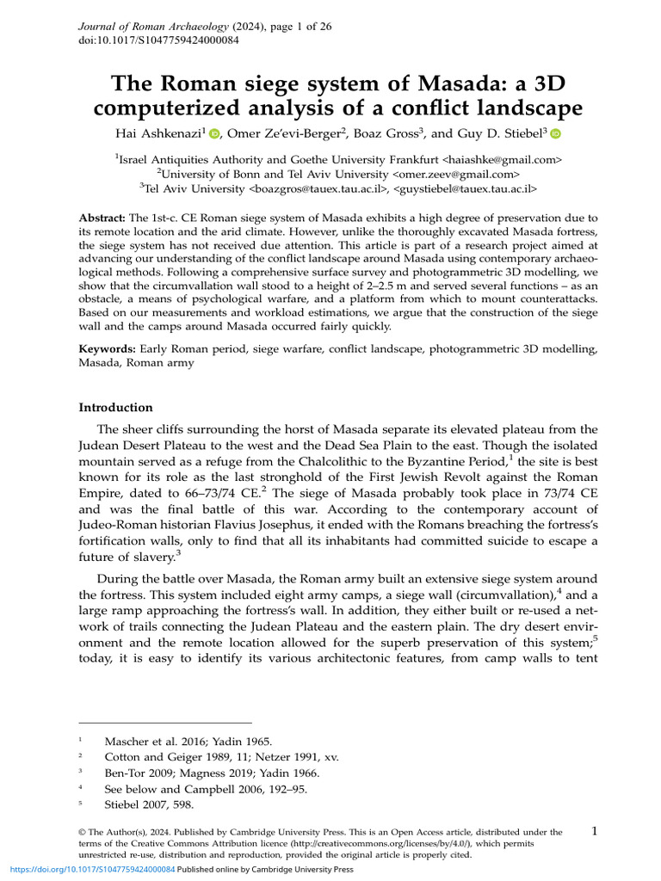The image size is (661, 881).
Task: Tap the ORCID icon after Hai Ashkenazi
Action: (x=215, y=133)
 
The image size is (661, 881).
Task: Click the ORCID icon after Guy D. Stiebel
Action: (x=555, y=133)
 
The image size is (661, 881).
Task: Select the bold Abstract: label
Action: (x=102, y=219)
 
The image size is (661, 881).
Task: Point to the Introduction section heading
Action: (x=115, y=408)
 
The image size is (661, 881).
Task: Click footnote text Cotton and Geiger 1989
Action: (x=171, y=755)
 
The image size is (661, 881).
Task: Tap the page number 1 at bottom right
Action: (x=595, y=831)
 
